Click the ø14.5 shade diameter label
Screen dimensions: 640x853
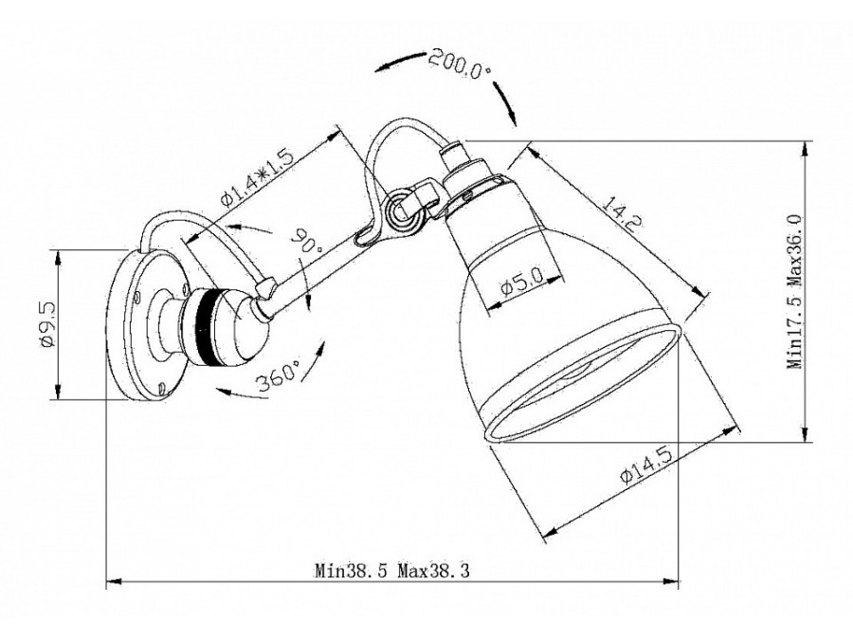645,466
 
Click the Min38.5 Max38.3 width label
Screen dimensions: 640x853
392,571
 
